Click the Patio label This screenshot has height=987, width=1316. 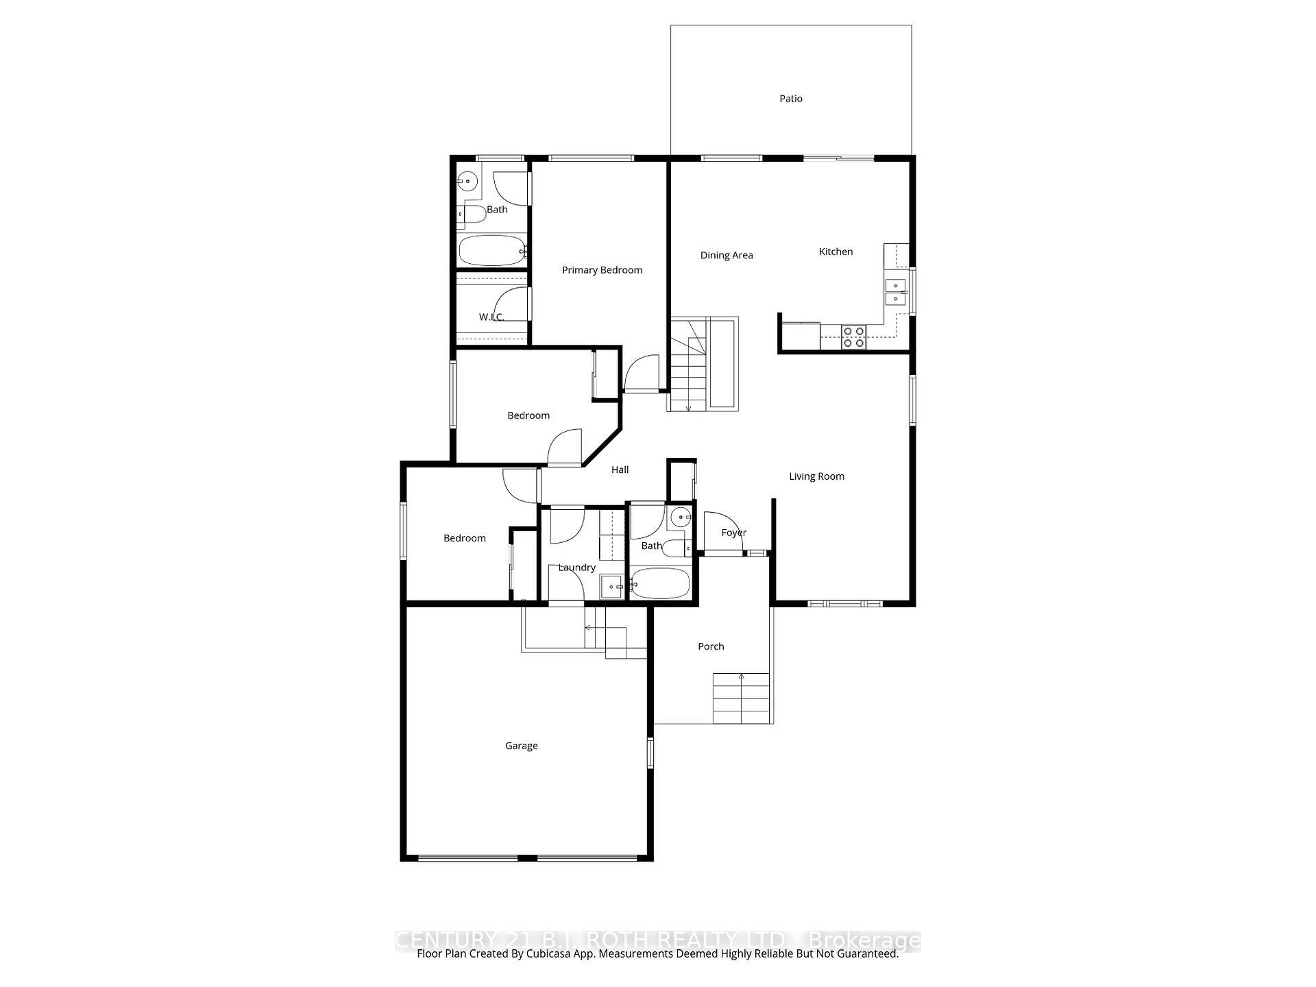tap(790, 99)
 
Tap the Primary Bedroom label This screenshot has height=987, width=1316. tap(602, 270)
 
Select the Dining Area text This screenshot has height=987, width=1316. tap(726, 256)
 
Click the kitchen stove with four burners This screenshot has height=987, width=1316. tap(854, 337)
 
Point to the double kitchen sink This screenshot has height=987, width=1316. tap(895, 292)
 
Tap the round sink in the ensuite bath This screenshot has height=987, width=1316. tap(467, 182)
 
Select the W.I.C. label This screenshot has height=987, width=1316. tap(491, 317)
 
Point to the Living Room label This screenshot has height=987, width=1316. tap(816, 476)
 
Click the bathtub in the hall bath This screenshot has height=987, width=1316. tap(659, 584)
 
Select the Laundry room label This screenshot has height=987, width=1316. tap(576, 568)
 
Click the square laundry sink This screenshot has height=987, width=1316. tap(611, 587)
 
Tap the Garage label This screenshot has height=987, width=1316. tap(521, 746)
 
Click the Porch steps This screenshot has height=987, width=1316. tap(741, 699)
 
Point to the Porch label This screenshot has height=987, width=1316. tap(711, 646)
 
